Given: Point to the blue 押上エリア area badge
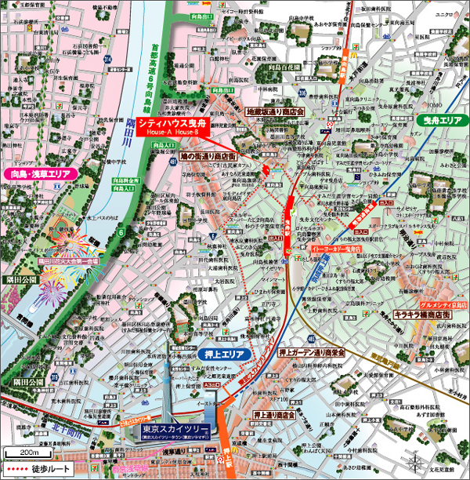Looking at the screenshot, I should (x=223, y=355).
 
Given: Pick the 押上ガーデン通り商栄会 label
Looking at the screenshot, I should (x=311, y=354).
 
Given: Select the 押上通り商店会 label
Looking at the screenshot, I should (x=273, y=414).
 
